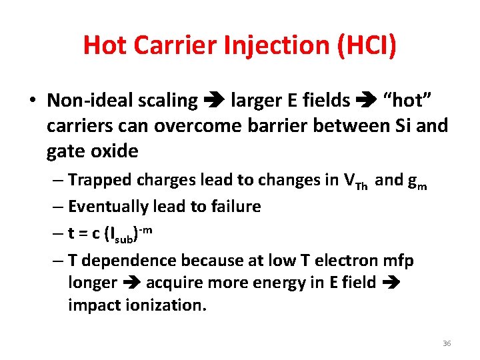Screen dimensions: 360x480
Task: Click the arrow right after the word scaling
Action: pyautogui.click(x=214, y=101)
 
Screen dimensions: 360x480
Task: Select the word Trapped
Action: pyautogui.click(x=99, y=181)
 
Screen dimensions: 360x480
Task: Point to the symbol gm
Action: pyautogui.click(x=416, y=182)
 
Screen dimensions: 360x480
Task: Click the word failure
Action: pyautogui.click(x=235, y=207)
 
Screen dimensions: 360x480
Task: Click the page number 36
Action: pyautogui.click(x=447, y=343)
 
